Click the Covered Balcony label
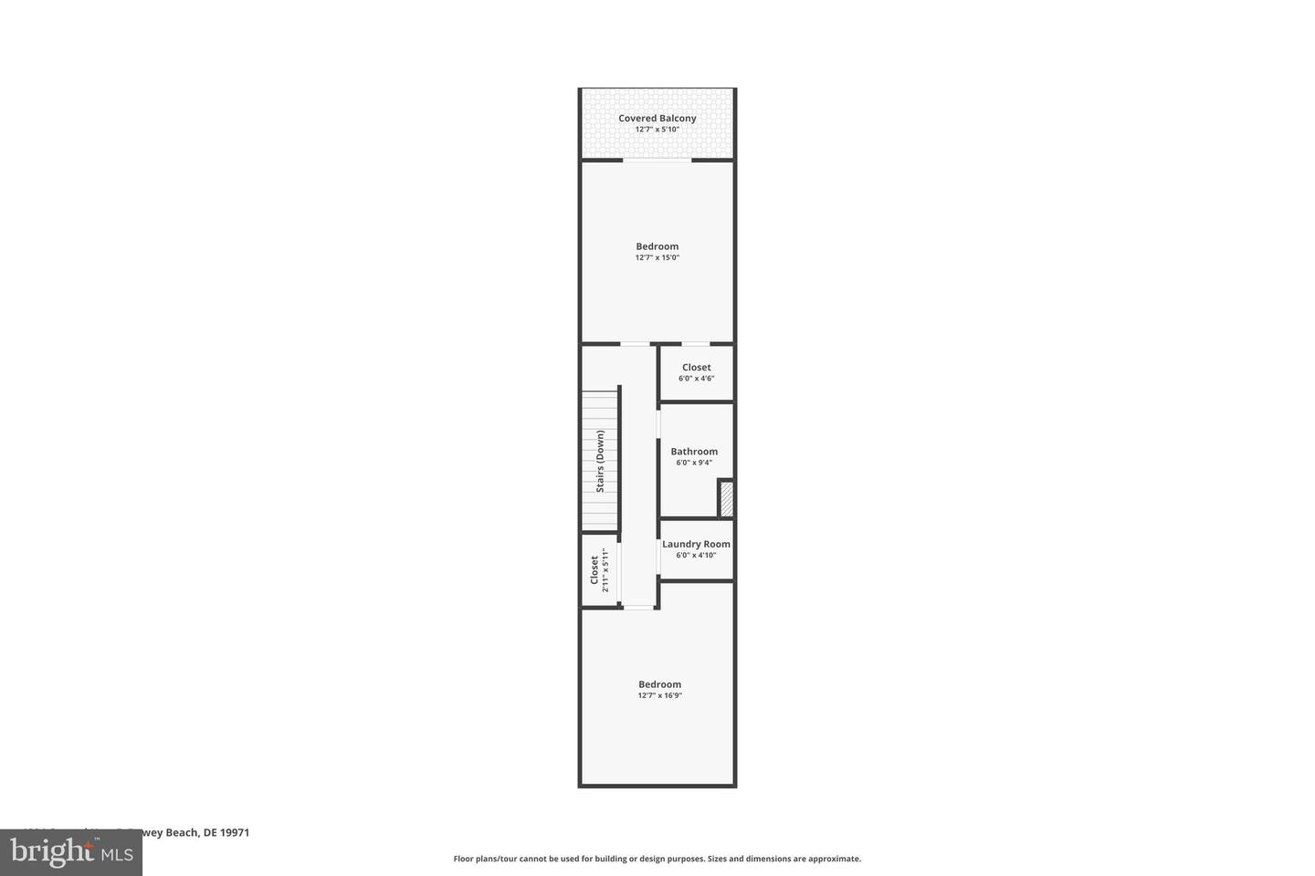[x=657, y=118]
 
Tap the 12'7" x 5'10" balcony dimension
[x=657, y=130]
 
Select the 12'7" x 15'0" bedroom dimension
[x=657, y=258]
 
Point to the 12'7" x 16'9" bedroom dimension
[x=659, y=696]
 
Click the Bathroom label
[x=694, y=451]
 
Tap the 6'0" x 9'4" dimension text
[x=694, y=463]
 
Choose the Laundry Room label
[x=696, y=544]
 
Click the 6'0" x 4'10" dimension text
[x=696, y=555]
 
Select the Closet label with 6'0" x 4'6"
[x=696, y=367]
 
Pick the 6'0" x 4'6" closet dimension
[x=696, y=379]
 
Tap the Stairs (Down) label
[x=600, y=461]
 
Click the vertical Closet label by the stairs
[x=594, y=570]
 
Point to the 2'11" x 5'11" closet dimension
[x=605, y=570]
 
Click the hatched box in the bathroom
[x=726, y=499]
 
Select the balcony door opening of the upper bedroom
[x=657, y=162]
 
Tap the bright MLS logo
[x=70, y=852]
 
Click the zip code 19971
[x=235, y=832]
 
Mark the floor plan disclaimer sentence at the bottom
[x=657, y=859]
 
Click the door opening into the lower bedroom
[x=638, y=607]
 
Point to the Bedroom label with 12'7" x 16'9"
[x=659, y=684]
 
